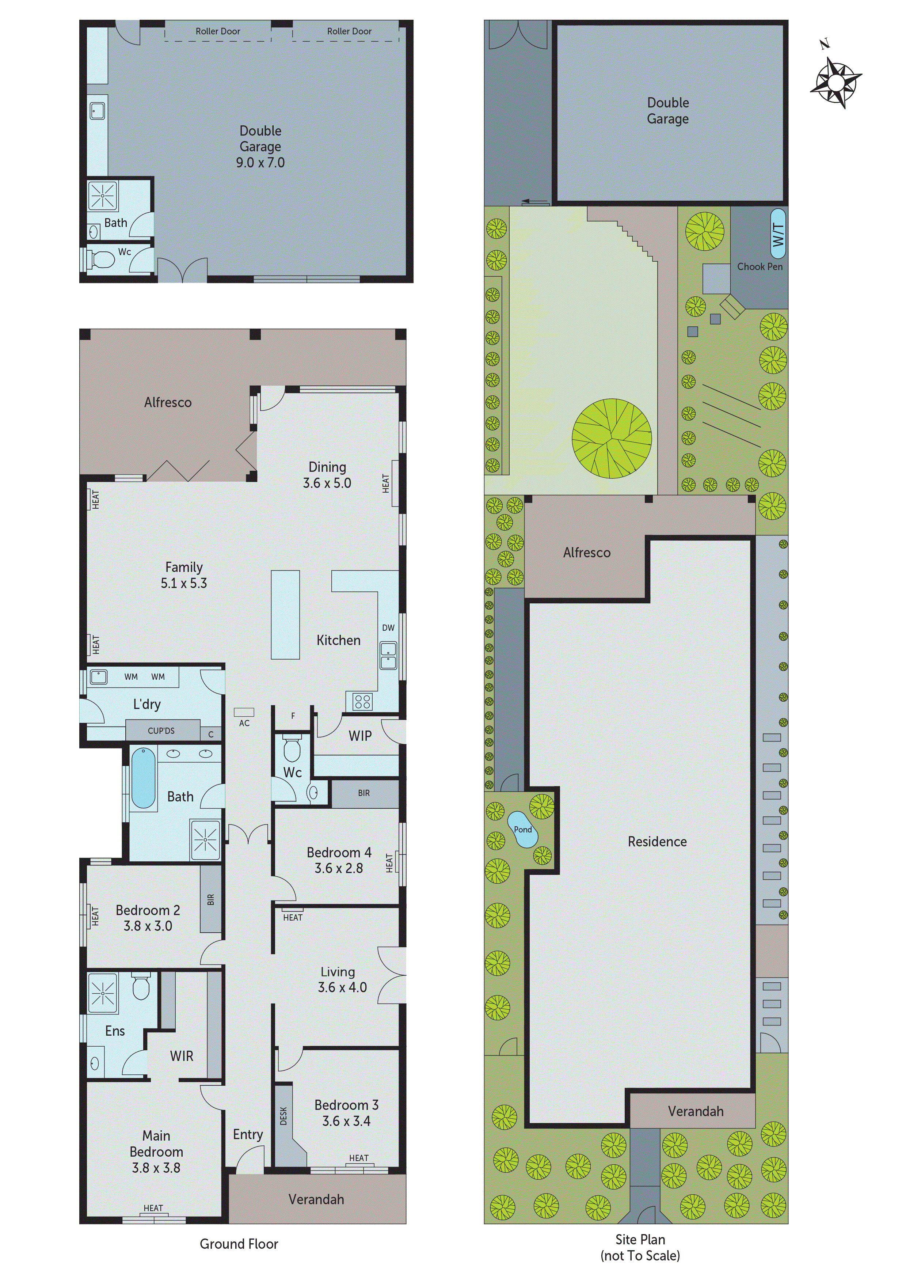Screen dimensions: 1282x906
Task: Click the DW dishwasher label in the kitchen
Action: [x=388, y=627]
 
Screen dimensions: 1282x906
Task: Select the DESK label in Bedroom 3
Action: [x=283, y=1116]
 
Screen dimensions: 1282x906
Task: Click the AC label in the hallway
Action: [x=244, y=723]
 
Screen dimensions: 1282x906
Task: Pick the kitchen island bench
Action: [x=285, y=614]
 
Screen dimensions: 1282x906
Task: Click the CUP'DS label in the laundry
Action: [x=161, y=730]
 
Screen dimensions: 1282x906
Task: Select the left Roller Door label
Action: [x=218, y=31]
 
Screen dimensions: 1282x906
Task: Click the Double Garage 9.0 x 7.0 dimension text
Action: [x=260, y=163]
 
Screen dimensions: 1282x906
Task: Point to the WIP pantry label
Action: [x=360, y=736]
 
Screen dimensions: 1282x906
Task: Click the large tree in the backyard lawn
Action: [x=612, y=438]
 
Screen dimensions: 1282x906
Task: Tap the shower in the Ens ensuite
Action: [x=103, y=993]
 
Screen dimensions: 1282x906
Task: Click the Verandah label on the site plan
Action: [x=696, y=1111]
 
